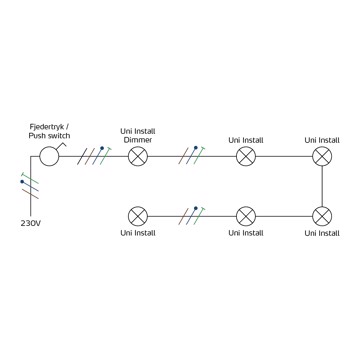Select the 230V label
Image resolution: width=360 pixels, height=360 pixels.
[31, 223]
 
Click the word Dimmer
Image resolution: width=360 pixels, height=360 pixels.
[138, 140]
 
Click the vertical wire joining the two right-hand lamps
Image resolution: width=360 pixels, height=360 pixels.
[322, 186]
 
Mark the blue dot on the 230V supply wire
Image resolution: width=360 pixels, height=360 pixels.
[22, 182]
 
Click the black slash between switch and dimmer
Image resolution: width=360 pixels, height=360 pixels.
[82, 156]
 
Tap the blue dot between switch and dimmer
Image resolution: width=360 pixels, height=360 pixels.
[102, 148]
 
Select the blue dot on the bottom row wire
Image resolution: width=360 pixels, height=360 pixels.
[196, 208]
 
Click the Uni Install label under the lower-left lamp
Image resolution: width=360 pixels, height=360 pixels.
[138, 233]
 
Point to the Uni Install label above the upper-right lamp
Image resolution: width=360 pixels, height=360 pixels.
[322, 140]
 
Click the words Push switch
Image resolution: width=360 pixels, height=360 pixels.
[49, 136]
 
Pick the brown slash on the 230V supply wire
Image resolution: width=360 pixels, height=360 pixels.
[30, 194]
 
